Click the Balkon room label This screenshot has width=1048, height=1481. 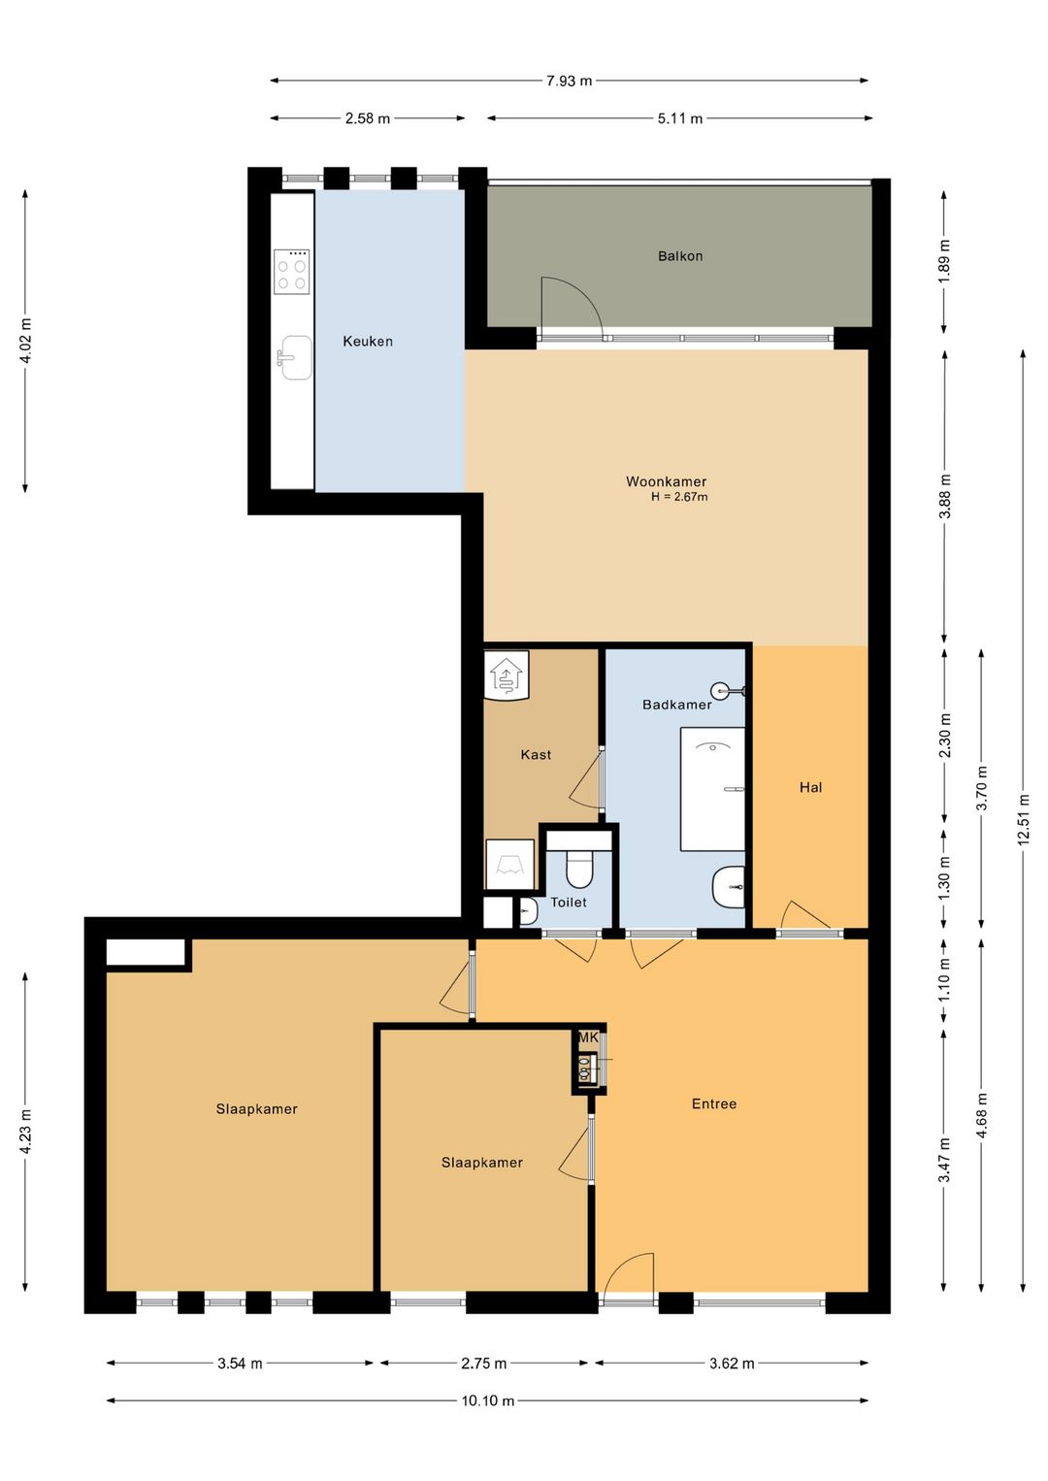coord(679,256)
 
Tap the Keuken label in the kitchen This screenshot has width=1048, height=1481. coord(368,342)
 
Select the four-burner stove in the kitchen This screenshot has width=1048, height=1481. coord(291,272)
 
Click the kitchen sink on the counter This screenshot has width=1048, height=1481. coord(295,357)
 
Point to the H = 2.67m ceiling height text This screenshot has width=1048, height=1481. coord(679,497)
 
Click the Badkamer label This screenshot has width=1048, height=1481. coord(677,705)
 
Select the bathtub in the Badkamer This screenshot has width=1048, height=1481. coord(713,789)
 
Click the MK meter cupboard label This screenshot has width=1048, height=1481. coord(588,1037)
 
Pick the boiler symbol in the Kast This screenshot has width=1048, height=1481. coord(507,675)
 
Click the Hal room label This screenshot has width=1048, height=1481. coord(810,787)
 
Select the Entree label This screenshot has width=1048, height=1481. coord(714,1103)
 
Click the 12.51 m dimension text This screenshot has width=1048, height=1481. coord(1024,819)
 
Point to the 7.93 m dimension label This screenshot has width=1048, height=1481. coord(569,82)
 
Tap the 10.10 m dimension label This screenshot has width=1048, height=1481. coord(487,1399)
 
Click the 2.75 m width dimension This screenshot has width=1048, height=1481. coord(483,1363)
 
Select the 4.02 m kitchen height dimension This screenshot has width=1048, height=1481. coord(25,342)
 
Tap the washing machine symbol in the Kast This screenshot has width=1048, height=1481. coord(509,864)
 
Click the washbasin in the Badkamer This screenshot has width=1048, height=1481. coord(729,887)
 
